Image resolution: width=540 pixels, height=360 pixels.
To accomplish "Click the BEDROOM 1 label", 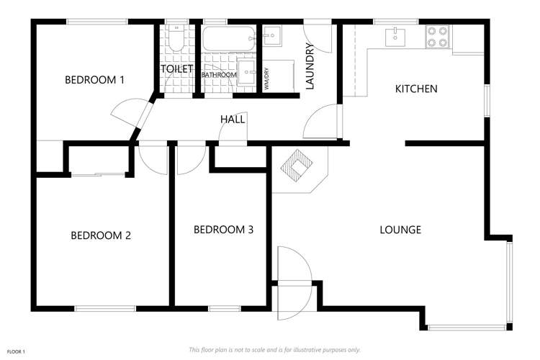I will (94, 80).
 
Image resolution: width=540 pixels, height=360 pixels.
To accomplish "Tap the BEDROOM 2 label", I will (100, 235).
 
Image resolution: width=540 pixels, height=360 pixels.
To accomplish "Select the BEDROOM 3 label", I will (223, 230).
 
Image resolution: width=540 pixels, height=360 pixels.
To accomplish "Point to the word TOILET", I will (177, 69).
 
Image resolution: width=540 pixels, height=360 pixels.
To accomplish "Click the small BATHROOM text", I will (219, 75).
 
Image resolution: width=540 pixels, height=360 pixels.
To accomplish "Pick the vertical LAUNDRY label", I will (310, 67).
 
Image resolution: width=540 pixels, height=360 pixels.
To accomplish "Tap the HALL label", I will (233, 120).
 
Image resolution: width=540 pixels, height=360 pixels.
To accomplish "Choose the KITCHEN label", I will (416, 89).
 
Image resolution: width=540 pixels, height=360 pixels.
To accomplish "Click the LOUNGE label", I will (400, 230).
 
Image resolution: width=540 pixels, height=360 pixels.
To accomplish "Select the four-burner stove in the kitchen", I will (437, 37).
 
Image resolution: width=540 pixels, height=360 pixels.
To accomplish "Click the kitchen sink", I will (395, 36).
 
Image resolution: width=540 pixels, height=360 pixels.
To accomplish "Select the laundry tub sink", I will (273, 36).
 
